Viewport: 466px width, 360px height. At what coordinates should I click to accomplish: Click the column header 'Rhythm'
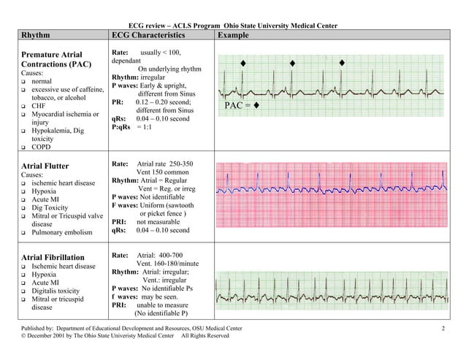36,36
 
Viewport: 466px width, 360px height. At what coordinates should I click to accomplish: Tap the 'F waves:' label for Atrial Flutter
128,206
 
